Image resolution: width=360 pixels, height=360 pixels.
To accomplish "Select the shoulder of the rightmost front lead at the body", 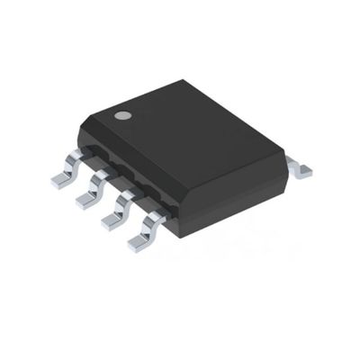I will click(x=156, y=213).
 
